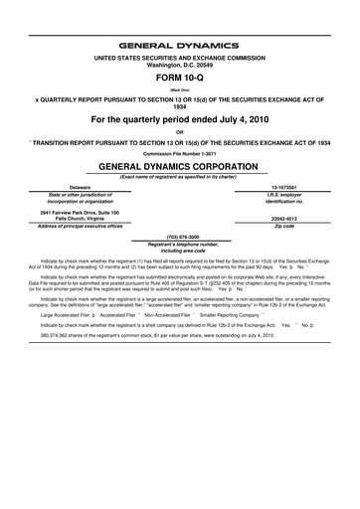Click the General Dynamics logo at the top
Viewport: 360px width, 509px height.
pos(179,45)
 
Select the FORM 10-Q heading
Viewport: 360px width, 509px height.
pos(179,76)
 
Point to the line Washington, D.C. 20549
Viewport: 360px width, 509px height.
pos(179,65)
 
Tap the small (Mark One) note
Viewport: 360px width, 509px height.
pos(179,88)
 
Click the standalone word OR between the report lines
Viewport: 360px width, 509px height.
pos(179,130)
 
